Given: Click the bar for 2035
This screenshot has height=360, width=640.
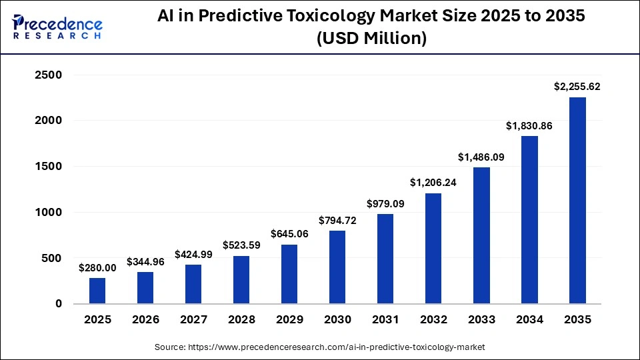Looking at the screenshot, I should [x=577, y=201].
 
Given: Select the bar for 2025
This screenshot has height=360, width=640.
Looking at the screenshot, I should [x=97, y=291].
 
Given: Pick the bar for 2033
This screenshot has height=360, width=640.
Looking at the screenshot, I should [x=481, y=235].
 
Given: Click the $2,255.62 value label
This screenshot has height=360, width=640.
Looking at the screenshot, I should [x=577, y=86].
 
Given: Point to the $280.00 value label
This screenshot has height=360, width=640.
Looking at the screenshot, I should [x=97, y=267].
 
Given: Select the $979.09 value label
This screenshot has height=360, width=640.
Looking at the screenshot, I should [x=385, y=203].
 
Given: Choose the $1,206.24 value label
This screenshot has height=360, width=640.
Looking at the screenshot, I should [x=433, y=183].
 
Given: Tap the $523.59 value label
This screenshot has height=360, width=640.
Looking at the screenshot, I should [x=241, y=245].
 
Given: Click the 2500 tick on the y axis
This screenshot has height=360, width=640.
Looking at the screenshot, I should [x=48, y=75].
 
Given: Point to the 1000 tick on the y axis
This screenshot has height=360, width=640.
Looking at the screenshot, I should [x=48, y=213].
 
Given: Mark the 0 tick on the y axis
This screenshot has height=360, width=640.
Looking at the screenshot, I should [x=59, y=304].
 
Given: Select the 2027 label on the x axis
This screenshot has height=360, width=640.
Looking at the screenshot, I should [x=193, y=320].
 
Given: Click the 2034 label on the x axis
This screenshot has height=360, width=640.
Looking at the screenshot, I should [x=529, y=320].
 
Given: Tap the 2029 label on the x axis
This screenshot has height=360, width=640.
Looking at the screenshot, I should [x=289, y=320].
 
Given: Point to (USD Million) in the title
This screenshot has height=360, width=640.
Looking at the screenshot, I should [x=371, y=39].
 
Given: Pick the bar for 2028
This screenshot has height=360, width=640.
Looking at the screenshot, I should [x=241, y=279].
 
